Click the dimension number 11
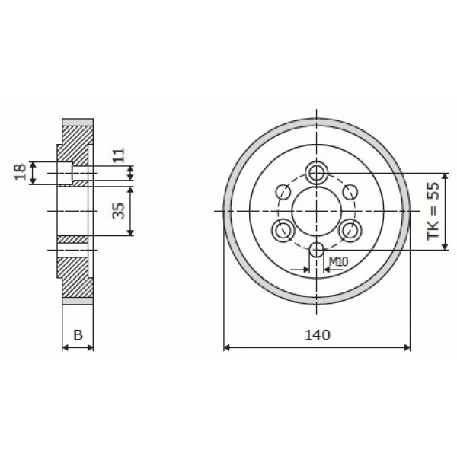pyautogui.click(x=117, y=158)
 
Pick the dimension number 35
pyautogui.click(x=118, y=210)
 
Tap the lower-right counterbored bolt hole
pyautogui.click(x=350, y=228)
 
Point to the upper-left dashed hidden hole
pyautogui.click(x=283, y=190)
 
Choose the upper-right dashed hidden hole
pyautogui.click(x=350, y=190)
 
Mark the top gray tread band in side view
pyautogui.click(x=77, y=121)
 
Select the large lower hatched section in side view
pyautogui.click(x=75, y=274)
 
